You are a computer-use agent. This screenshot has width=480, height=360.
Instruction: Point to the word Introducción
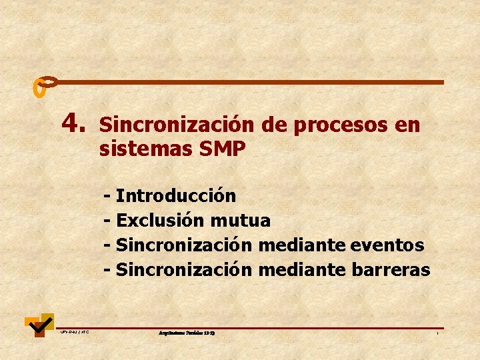176,196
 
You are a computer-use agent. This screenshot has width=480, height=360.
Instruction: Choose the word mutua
240,221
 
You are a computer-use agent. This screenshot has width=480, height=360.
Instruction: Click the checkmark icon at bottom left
39,324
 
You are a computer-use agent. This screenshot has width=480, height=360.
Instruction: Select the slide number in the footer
437,333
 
